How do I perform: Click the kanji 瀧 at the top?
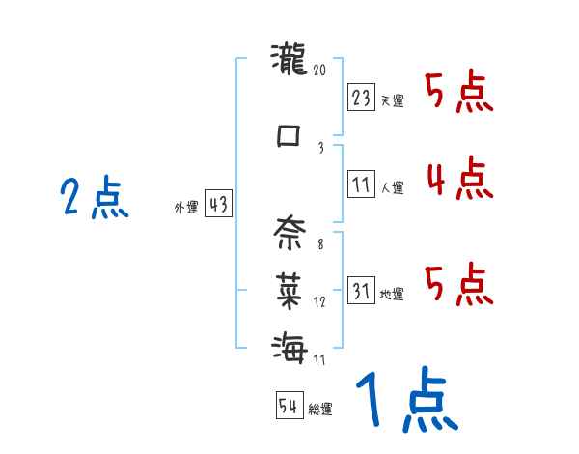point(289,63)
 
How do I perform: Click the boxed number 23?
point(362,98)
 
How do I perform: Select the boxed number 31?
point(362,291)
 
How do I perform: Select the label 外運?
point(186,207)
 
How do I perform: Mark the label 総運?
point(320,410)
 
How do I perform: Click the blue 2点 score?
point(94,199)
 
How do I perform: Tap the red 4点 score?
point(456,179)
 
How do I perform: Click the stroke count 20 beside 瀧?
point(320,70)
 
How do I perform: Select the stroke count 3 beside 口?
point(320,147)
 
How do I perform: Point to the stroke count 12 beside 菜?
point(320,301)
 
